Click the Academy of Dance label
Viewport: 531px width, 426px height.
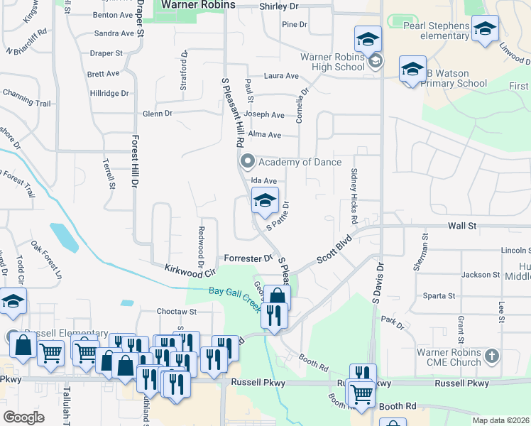[290, 162]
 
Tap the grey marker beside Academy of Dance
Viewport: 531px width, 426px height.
[247, 162]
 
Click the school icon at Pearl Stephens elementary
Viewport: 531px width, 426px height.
[485, 29]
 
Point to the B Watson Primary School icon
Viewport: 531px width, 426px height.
[412, 70]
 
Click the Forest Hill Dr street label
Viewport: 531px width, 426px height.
[133, 162]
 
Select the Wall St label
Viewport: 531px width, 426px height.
[461, 225]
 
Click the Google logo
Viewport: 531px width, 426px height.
[24, 417]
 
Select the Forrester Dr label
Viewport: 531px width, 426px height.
[248, 259]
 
